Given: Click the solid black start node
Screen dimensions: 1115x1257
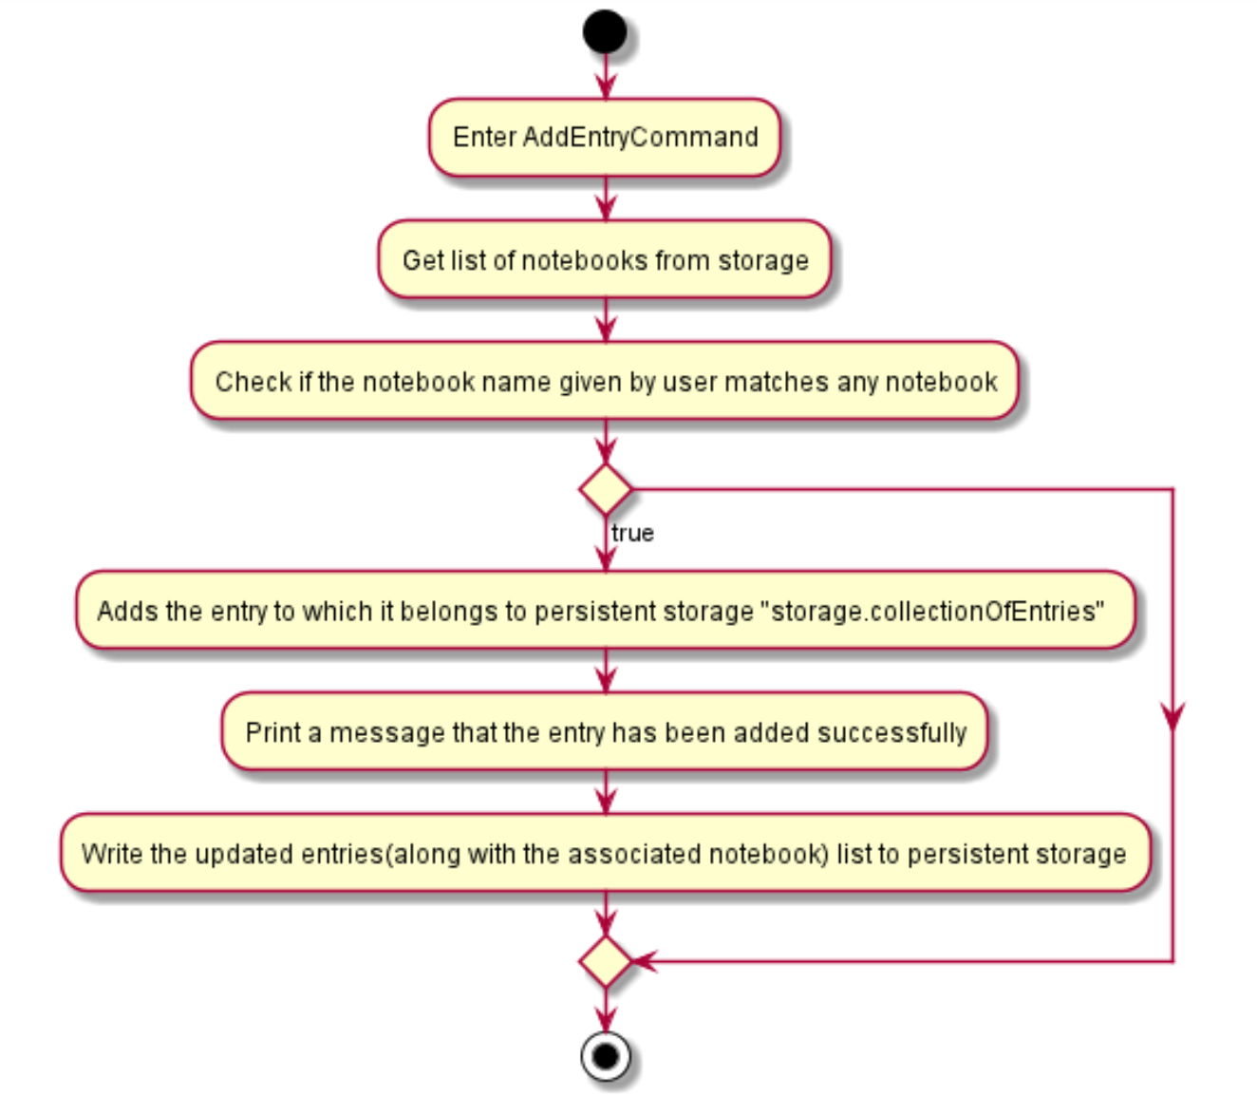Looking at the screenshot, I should [605, 31].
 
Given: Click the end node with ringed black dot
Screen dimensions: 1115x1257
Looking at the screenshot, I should [605, 1056].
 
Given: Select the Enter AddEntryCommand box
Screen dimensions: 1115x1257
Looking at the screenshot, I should [605, 138].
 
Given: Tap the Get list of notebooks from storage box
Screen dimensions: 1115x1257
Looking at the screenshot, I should [605, 260].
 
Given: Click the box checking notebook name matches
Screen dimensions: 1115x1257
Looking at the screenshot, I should [605, 382].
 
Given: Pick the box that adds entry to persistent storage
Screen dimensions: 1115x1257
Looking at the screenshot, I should [605, 611].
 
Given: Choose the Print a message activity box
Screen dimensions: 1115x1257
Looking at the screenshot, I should [605, 732].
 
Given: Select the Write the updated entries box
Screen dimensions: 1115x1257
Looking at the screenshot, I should [605, 853].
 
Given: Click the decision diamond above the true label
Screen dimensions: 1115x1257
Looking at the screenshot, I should [605, 490].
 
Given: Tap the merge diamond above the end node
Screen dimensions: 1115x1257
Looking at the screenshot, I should [605, 961].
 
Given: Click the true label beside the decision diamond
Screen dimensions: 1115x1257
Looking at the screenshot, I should [632, 534].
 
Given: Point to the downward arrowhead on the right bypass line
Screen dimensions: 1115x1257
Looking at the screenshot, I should [1173, 717].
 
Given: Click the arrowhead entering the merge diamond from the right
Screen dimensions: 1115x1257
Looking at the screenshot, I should [644, 961].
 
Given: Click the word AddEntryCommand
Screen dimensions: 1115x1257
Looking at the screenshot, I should [641, 138].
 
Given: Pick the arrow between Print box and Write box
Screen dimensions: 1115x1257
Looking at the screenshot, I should [605, 793].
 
